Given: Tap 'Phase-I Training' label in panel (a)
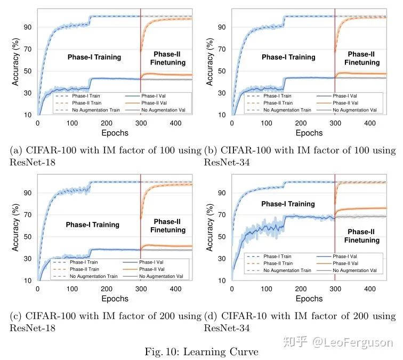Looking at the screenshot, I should tap(94, 57).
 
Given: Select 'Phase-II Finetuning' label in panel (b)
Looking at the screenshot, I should tap(361, 58).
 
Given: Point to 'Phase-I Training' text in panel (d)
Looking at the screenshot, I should tap(288, 204).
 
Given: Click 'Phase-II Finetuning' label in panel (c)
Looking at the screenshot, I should tap(168, 226).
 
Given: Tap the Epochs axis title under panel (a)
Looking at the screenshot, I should tap(115, 133).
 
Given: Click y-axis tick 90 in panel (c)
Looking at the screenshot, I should tap(27, 193).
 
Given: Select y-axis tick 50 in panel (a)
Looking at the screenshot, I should tap(27, 71).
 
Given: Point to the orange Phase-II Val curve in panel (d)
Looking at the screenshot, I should tap(368, 209).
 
